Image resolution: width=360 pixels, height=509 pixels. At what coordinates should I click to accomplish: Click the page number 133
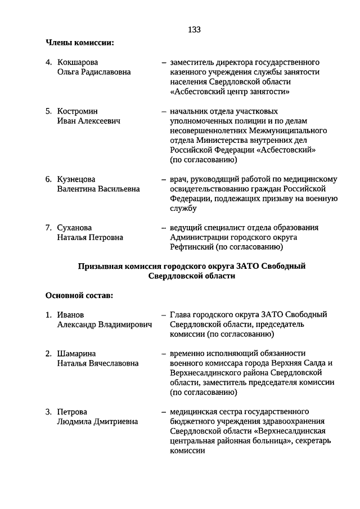194,30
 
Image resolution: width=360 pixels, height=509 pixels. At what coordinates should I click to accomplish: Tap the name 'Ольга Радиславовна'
93,72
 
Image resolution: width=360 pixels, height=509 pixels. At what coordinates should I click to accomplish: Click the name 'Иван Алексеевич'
89,121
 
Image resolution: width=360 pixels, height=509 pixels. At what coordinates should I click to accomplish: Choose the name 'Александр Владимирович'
105,325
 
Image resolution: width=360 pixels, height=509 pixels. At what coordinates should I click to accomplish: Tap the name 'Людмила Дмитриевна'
97,422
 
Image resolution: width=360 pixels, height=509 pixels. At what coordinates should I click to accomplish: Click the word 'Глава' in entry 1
181,314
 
